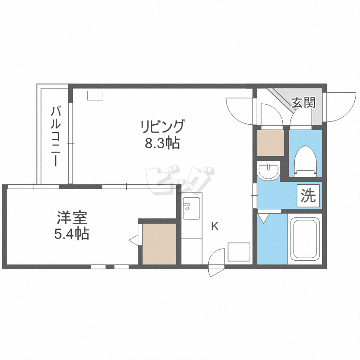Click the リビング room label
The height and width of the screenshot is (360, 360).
(x=162, y=126)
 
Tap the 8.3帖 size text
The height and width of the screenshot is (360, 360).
(x=162, y=143)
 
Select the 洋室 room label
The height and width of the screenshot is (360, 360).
(x=72, y=217)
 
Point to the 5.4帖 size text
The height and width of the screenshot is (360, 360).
(x=72, y=234)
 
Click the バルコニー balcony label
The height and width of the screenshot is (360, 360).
(x=56, y=136)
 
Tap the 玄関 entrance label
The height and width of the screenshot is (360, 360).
(x=303, y=103)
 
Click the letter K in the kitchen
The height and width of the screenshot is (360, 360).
(x=215, y=227)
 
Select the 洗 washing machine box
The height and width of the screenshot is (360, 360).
(x=308, y=196)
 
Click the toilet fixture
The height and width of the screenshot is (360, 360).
(x=306, y=162)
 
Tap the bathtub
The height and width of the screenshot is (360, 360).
(x=305, y=239)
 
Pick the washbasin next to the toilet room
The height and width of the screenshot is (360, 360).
(x=268, y=171)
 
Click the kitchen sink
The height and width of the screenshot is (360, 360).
(x=192, y=208)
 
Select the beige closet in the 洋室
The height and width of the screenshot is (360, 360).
(x=159, y=244)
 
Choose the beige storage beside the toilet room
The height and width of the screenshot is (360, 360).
(x=271, y=143)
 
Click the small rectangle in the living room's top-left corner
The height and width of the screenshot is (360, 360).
(x=95, y=96)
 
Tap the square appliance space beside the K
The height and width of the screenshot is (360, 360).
(x=239, y=252)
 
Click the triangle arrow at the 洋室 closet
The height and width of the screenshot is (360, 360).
(x=133, y=240)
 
